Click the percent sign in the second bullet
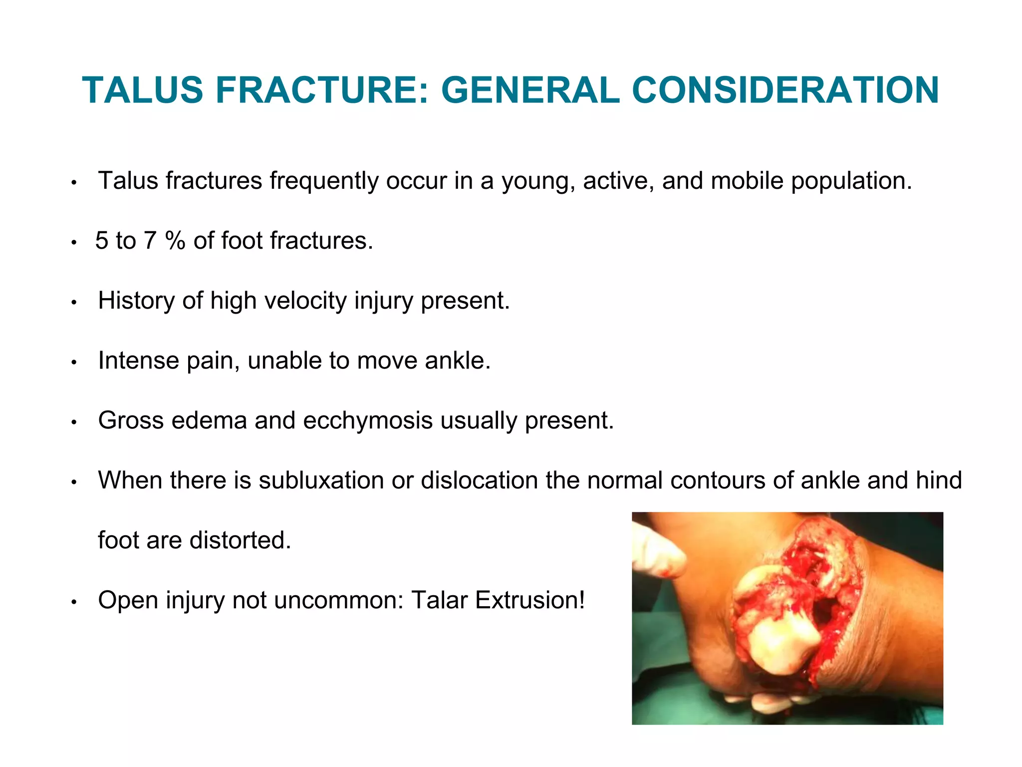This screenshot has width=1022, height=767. click(175, 241)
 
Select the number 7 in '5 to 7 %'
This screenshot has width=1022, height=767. click(150, 241)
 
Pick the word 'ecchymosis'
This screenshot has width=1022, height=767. click(368, 420)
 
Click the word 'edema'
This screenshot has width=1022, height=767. click(209, 420)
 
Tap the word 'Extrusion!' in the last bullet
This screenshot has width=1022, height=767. click(530, 600)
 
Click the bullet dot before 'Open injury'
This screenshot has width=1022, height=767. click(74, 602)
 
